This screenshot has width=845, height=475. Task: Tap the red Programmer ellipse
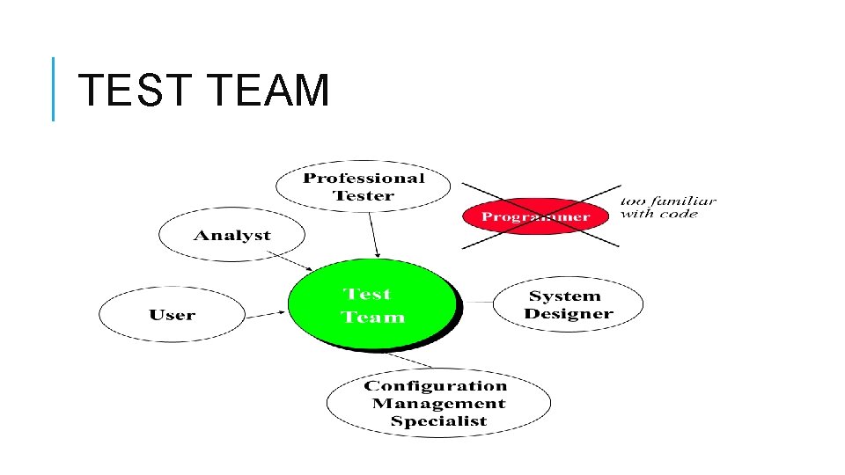(x=535, y=216)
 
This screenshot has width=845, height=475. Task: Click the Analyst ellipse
(x=232, y=235)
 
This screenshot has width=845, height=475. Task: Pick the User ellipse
(x=173, y=315)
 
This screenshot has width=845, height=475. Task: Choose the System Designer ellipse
(x=569, y=305)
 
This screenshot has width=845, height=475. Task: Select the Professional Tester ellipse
(x=364, y=186)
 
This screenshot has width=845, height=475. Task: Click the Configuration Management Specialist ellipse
(x=437, y=403)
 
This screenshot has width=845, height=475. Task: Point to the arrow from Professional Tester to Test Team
(x=373, y=235)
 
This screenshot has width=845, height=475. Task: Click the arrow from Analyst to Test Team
(x=289, y=261)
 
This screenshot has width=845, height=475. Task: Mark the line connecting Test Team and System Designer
(x=476, y=302)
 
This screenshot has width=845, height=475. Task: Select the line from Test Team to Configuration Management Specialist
(x=410, y=359)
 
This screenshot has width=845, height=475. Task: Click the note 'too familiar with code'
(x=668, y=208)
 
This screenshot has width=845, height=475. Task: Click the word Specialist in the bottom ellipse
(x=438, y=421)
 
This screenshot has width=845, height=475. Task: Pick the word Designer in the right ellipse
(x=569, y=314)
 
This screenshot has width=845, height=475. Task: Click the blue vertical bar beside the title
(x=54, y=89)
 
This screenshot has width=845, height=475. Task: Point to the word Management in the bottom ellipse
(x=438, y=404)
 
